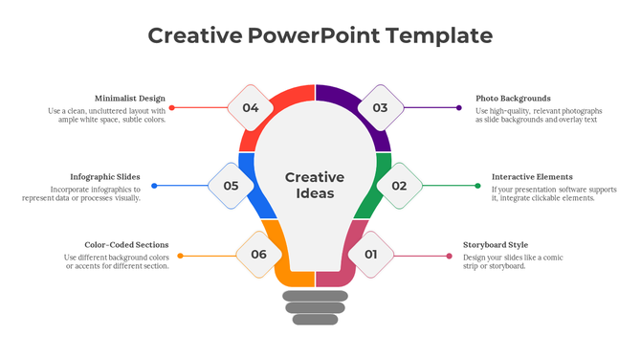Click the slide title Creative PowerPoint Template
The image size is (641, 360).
click(320, 36)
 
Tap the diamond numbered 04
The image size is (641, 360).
click(251, 108)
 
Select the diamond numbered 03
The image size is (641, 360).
click(380, 108)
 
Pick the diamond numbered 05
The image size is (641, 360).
click(231, 186)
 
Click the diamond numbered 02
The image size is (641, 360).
click(399, 186)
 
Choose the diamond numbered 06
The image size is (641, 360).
click(258, 255)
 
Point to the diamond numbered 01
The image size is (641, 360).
click(370, 255)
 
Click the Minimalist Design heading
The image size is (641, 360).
click(130, 99)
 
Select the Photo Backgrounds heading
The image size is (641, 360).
click(513, 99)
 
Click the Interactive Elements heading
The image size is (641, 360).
click(532, 177)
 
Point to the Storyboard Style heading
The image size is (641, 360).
click(495, 245)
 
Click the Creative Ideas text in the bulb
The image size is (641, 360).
click(315, 185)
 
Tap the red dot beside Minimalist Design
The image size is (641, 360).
click(171, 108)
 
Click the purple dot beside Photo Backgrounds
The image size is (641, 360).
click(460, 108)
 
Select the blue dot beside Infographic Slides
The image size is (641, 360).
click(154, 186)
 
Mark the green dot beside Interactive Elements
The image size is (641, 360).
click(478, 186)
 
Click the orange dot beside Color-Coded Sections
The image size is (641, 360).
click(180, 256)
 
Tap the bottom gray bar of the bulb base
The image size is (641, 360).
click(315, 320)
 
